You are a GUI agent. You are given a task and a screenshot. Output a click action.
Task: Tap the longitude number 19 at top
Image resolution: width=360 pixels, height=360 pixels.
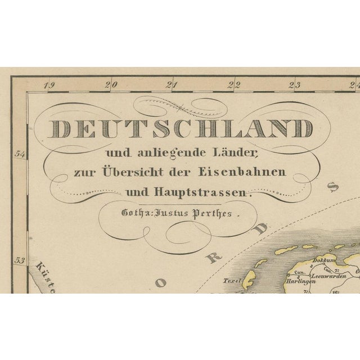click(x=51, y=85)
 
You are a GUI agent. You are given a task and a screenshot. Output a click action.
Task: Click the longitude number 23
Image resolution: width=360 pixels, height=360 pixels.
click(x=294, y=85)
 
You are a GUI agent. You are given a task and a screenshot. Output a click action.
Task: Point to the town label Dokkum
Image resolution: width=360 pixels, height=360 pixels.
click(x=329, y=260)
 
